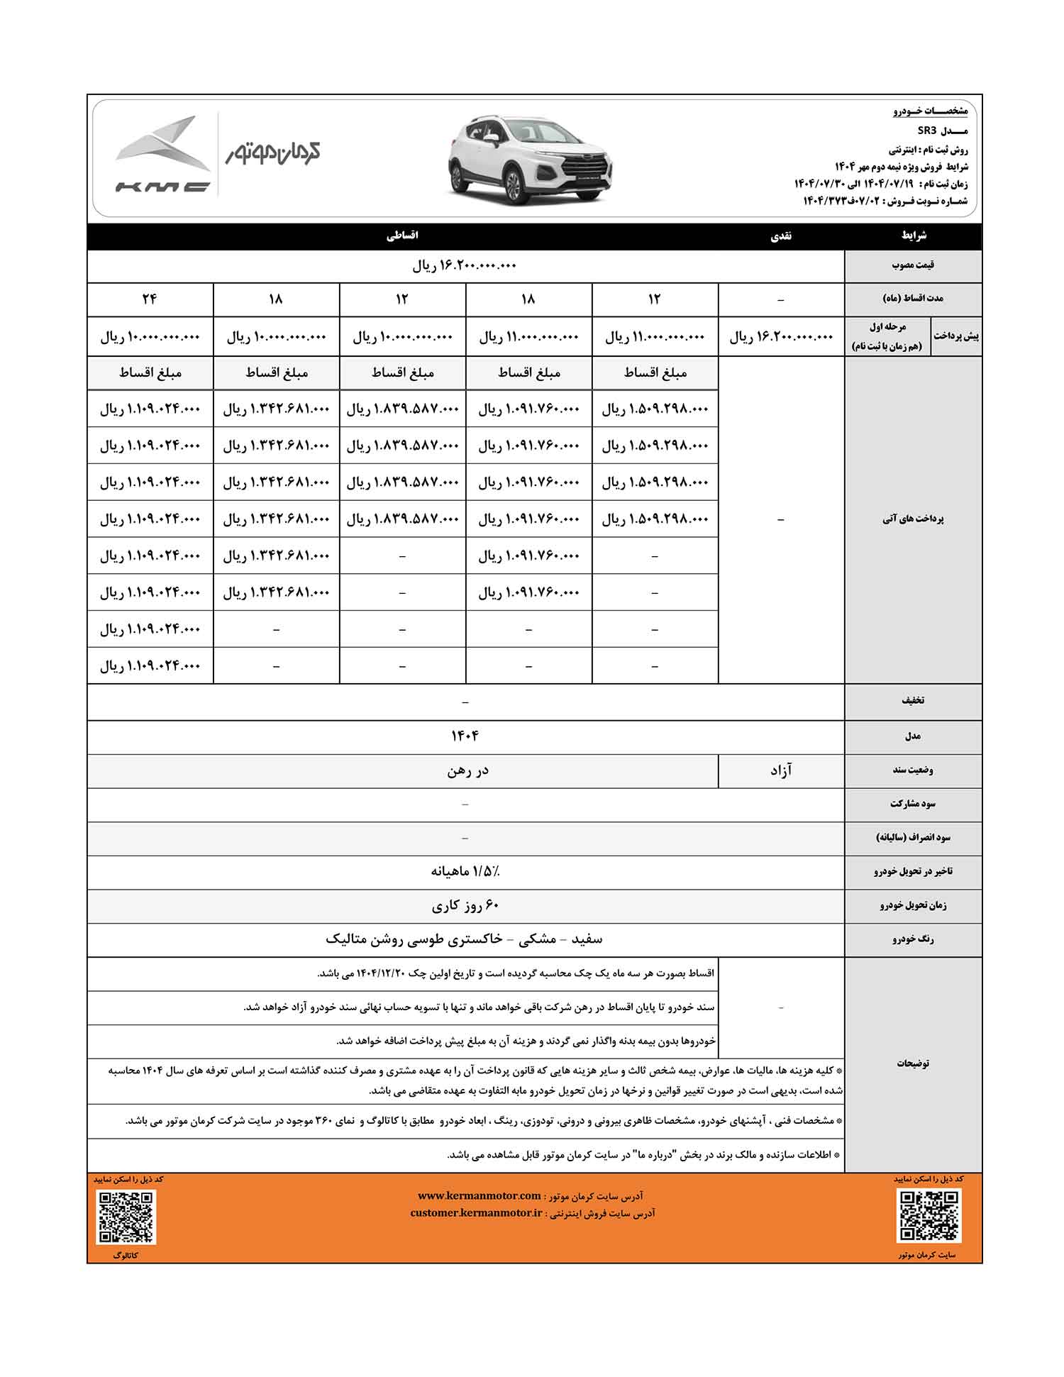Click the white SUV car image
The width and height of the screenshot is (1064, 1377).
[531, 160]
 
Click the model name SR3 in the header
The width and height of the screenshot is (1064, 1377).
[928, 131]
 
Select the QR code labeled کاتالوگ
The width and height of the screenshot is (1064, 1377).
[126, 1217]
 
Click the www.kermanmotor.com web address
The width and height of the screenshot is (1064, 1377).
[479, 1195]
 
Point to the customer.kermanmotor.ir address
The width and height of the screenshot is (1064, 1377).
[477, 1213]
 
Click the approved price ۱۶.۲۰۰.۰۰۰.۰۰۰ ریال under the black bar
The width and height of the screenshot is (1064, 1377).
[465, 266]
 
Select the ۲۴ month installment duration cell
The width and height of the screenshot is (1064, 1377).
[150, 299]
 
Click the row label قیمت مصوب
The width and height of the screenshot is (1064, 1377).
[913, 265]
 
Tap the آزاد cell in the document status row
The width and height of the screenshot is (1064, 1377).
[781, 770]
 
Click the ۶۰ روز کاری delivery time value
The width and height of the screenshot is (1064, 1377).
[465, 906]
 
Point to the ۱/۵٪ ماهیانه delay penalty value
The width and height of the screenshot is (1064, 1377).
[465, 871]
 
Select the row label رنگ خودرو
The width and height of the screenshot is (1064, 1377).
[913, 939]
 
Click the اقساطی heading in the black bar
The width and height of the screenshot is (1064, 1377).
[402, 236]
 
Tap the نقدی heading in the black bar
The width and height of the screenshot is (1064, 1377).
[781, 236]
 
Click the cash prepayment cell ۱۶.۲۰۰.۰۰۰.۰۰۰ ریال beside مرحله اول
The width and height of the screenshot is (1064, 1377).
[781, 337]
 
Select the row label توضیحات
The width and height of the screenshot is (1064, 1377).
[913, 1063]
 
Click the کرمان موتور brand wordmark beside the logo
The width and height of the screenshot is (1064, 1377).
[273, 152]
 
